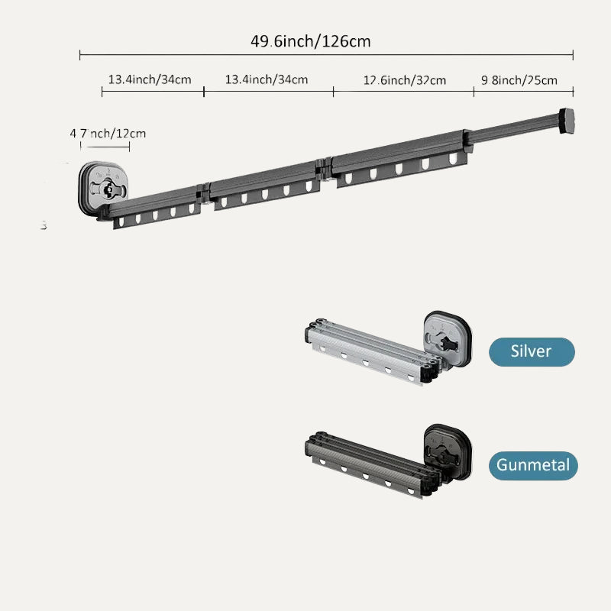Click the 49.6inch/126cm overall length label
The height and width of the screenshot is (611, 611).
coord(311,40)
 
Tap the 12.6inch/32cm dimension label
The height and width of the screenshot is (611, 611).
coord(405,80)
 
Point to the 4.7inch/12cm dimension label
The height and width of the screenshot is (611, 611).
coord(108,134)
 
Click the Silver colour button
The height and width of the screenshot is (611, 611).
coord(532,351)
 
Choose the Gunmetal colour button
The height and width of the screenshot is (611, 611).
coord(534,464)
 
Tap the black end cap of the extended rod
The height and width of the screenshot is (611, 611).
coord(567,120)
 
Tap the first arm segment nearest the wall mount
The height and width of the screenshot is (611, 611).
coord(157,206)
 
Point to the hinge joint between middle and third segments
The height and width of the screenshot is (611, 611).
coord(324,168)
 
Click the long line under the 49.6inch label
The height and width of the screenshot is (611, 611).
coord(326,55)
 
